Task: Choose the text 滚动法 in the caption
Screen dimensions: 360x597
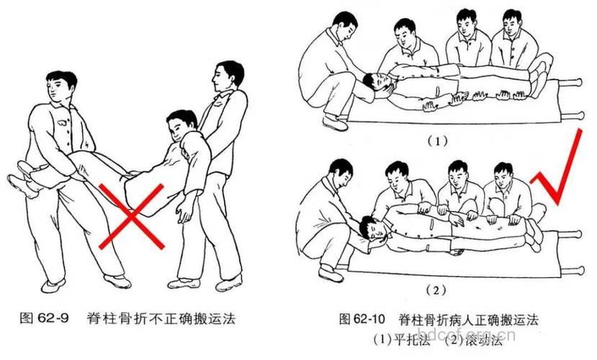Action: (x=476, y=335)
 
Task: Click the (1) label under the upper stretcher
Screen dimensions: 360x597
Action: (x=437, y=142)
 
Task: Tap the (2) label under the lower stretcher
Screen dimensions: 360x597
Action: (x=437, y=291)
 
